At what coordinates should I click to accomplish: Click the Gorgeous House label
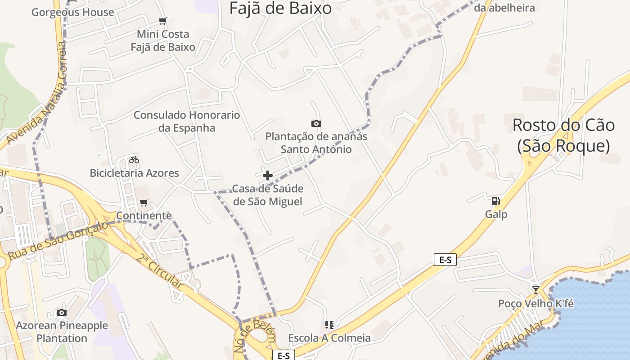tap(72, 12)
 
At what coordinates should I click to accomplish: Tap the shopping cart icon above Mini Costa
tap(163, 21)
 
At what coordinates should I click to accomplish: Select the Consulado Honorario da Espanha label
tap(187, 121)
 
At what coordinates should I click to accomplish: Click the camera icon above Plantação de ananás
tap(316, 123)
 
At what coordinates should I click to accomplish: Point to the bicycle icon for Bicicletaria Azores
tap(134, 160)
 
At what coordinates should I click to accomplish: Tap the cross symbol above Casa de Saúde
tap(268, 175)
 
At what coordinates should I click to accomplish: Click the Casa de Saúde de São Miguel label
tap(268, 195)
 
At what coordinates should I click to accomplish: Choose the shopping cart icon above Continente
tap(144, 202)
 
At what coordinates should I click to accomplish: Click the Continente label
tap(144, 216)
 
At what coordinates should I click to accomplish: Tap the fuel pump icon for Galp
tap(495, 201)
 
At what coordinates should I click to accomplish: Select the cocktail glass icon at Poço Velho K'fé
tap(535, 290)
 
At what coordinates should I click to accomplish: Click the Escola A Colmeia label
tap(329, 338)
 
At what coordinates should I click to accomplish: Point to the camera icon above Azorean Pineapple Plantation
tap(62, 312)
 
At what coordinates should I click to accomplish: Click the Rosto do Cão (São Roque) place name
tap(563, 135)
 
